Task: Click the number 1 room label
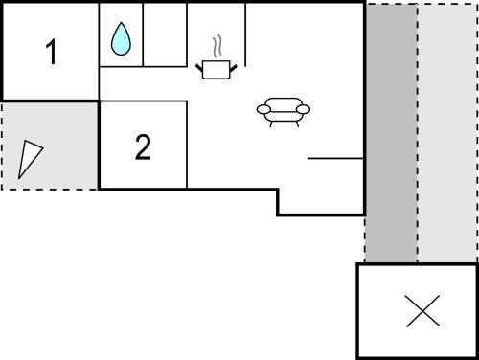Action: tap(52, 52)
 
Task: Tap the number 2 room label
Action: tap(143, 146)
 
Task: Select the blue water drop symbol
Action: tap(121, 38)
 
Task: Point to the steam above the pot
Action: tap(217, 47)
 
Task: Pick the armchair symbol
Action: tap(284, 112)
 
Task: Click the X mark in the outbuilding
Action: tap(422, 311)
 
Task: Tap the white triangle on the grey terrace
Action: tap(29, 157)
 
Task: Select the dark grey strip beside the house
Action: tap(391, 133)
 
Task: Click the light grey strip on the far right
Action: tap(447, 133)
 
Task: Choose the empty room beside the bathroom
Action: tap(165, 34)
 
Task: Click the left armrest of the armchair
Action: tap(263, 109)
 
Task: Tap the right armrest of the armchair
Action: tap(303, 109)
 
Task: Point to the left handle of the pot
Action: tap(199, 68)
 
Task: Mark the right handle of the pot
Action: tap(234, 68)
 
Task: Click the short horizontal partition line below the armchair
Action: tap(335, 158)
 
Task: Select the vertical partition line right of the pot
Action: tap(245, 34)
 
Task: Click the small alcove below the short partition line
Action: tap(321, 186)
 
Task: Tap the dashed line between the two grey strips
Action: tap(417, 133)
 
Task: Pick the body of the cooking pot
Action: tap(217, 70)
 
